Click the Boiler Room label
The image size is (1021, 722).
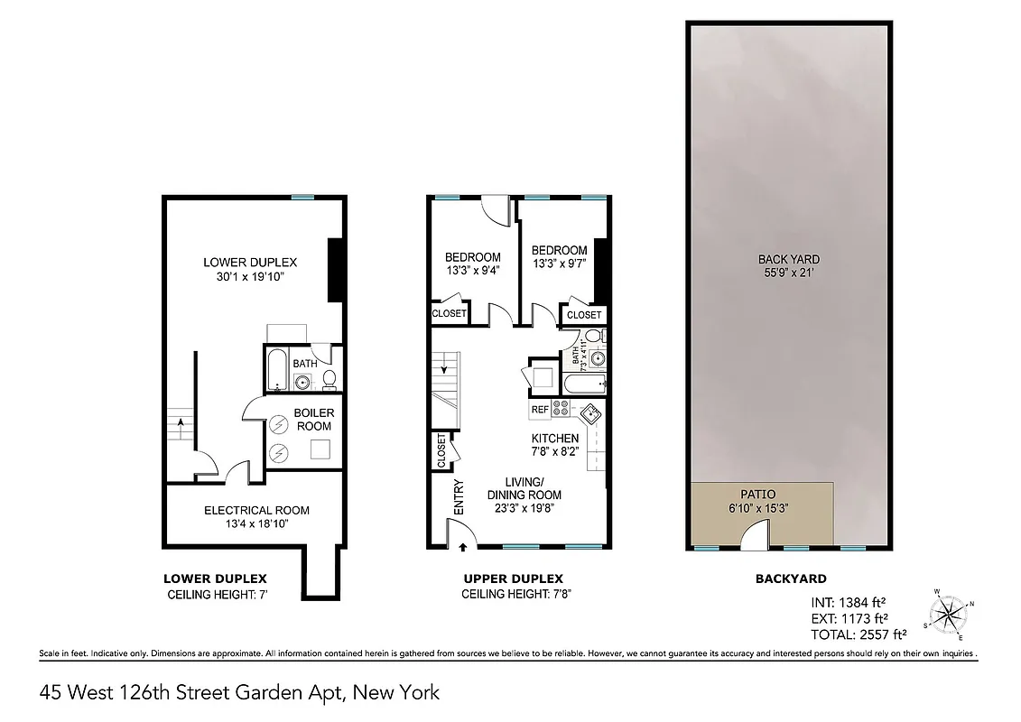point(314,420)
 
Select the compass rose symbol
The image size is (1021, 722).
point(948,614)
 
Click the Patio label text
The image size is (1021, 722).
point(758,495)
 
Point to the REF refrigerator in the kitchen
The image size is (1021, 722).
point(540,410)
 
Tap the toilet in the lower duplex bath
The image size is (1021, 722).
point(330,377)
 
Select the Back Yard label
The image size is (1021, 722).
point(788,259)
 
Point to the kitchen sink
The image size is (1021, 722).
point(589,414)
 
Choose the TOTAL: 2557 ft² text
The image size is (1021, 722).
point(859,634)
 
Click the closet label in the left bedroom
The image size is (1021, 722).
point(450,313)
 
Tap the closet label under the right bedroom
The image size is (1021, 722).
point(584,315)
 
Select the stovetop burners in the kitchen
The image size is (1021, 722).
point(561,409)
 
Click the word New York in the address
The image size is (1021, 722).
point(397,693)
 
